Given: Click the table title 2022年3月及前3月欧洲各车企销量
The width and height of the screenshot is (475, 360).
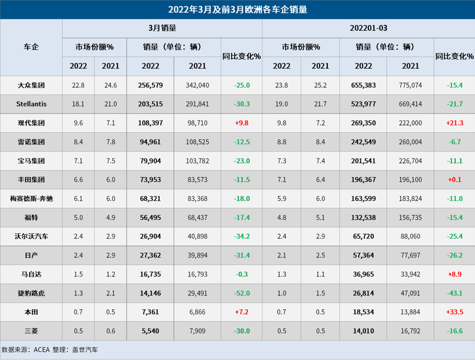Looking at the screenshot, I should [237, 9].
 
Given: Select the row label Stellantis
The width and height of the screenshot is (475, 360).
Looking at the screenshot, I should [31, 104].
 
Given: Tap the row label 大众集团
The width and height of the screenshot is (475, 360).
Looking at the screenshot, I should [31, 85].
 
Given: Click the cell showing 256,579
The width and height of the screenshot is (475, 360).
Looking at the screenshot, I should [150, 85].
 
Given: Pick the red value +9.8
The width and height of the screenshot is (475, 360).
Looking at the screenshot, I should [242, 123].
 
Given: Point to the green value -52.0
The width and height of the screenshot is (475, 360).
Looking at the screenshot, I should [242, 293].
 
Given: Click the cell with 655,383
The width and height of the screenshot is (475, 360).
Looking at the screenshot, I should [363, 85].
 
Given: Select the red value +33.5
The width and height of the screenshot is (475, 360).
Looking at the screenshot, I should [455, 311].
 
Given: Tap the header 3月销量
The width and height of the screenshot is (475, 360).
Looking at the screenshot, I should [162, 28].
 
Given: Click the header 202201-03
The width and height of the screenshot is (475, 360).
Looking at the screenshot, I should [368, 28].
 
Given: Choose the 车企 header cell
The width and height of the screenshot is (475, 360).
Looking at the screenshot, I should [31, 47].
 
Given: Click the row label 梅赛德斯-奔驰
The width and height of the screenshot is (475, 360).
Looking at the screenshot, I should [31, 199].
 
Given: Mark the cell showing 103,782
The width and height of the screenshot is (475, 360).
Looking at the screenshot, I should [197, 161].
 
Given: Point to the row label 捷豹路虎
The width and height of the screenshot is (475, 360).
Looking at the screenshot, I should [31, 293].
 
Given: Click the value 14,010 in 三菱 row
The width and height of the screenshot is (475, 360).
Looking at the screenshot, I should [363, 330].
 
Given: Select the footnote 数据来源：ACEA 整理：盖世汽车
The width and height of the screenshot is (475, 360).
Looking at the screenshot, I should [50, 350].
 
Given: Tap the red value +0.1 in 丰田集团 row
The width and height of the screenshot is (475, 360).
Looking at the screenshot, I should [455, 179].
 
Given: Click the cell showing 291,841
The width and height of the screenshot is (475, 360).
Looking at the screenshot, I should [197, 104].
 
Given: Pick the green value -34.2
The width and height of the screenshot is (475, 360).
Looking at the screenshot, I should [242, 236].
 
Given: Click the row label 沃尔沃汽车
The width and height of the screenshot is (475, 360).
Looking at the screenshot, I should [31, 236].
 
